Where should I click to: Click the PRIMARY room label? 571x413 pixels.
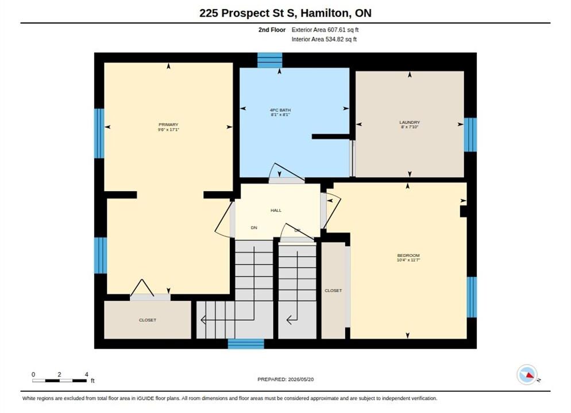point(168,124)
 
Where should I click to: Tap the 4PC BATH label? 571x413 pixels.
point(280,110)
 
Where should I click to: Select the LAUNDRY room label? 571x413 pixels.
point(410,123)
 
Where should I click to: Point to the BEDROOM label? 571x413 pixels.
point(408,256)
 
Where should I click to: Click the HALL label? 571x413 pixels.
point(276,210)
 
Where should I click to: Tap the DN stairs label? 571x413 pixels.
point(254,228)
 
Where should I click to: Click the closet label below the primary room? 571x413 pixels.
point(148,320)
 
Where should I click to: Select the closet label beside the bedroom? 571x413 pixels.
point(333,290)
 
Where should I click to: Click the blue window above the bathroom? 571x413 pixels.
point(270,60)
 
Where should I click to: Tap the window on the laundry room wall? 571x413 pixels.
point(470,135)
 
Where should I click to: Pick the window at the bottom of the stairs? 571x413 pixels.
point(246,344)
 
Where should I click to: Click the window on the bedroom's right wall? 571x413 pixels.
point(472,297)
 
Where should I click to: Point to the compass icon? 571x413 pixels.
point(527,375)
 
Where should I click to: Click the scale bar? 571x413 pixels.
point(59,381)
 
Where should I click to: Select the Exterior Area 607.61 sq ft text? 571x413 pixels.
point(325,30)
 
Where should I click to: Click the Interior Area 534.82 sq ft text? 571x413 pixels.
point(324,39)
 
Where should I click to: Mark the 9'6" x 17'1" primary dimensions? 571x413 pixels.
point(168,130)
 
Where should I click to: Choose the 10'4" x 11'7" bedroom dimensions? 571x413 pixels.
point(408,260)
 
